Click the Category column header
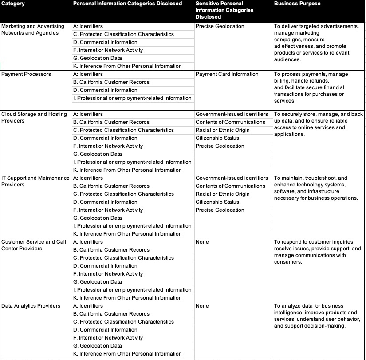pyautogui.click(x=13, y=4)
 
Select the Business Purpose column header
pyautogui.click(x=297, y=4)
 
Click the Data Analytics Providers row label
pyautogui.click(x=31, y=306)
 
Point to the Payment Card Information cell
pyautogui.click(x=227, y=74)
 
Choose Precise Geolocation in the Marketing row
pyautogui.click(x=220, y=26)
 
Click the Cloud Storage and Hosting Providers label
pyautogui.click(x=34, y=117)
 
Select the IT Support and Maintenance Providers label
pyautogui.click(x=35, y=181)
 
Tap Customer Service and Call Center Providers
pyautogui.click(x=34, y=245)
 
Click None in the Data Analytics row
pyautogui.click(x=202, y=306)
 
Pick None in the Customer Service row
pyautogui.click(x=202, y=242)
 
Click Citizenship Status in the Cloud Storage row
pyautogui.click(x=217, y=138)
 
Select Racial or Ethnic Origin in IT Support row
pyautogui.click(x=222, y=194)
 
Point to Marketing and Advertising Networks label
pyautogui.click(x=33, y=29)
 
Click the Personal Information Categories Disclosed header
pyautogui.click(x=127, y=4)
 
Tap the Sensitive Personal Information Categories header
pyautogui.click(x=224, y=10)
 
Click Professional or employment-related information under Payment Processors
pyautogui.click(x=132, y=98)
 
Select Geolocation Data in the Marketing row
pyautogui.click(x=97, y=58)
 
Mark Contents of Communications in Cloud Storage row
pyautogui.click(x=230, y=122)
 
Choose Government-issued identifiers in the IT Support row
pyautogui.click(x=232, y=178)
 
